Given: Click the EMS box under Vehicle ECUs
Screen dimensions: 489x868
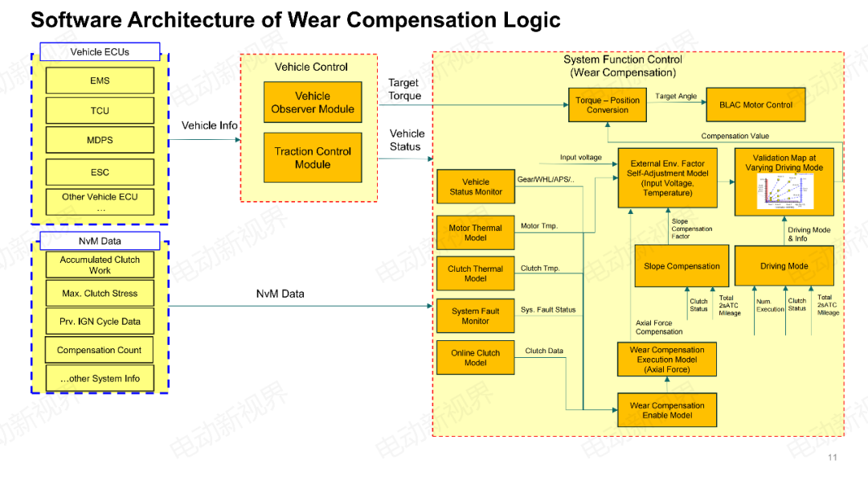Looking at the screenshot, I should click(x=100, y=80).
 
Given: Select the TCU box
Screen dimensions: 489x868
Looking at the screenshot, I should click(x=100, y=111).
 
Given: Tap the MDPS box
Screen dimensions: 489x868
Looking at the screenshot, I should click(x=100, y=140).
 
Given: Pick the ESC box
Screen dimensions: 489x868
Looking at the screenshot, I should click(x=100, y=172).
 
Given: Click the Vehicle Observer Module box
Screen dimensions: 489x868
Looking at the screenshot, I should click(x=313, y=102).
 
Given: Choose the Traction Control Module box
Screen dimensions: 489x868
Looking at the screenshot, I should click(x=313, y=158).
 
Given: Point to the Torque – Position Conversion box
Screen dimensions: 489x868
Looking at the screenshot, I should click(x=608, y=105).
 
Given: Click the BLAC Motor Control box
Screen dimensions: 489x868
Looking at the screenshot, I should click(x=755, y=105).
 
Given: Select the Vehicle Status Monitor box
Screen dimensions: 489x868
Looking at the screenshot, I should click(x=475, y=187).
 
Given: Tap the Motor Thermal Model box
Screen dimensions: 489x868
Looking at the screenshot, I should click(x=475, y=232).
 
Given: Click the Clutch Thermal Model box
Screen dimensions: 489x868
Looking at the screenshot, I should click(x=475, y=273).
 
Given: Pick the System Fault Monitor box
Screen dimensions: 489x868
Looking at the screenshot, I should click(x=475, y=316).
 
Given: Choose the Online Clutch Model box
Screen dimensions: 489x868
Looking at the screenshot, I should click(x=475, y=358).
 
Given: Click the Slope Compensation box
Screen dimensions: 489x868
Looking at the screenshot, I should click(x=682, y=266).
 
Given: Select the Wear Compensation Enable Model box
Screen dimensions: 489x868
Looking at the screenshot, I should click(x=666, y=410).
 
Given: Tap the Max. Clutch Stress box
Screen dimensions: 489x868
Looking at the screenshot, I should click(x=100, y=294).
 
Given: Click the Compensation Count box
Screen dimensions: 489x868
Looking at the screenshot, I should click(x=100, y=351).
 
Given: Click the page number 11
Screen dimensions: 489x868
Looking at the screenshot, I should click(x=832, y=458).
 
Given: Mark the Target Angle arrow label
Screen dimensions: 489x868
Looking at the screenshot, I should click(x=676, y=97).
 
